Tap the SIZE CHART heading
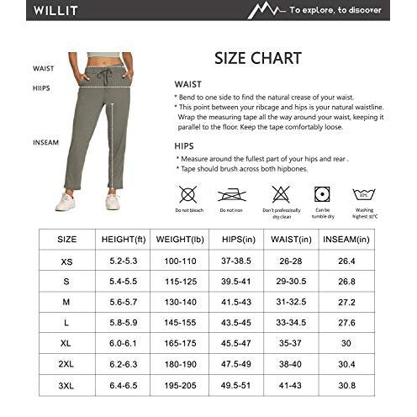pos(259,59)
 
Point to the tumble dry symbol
pos(322,194)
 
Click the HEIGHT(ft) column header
pos(124,239)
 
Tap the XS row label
pos(66,261)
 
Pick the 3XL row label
pos(66,384)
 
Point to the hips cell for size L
pos(237,322)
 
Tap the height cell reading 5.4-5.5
pos(124,282)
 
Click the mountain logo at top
pos(267,11)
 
